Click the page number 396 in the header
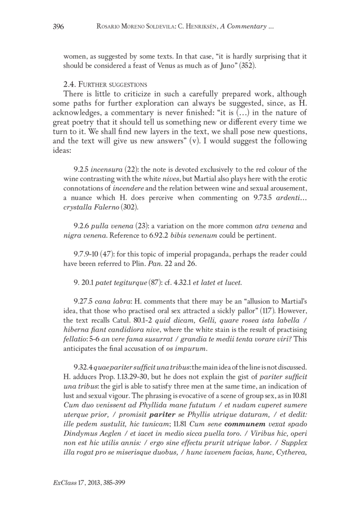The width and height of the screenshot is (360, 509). click(58, 27)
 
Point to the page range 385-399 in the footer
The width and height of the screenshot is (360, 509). click(110, 482)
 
